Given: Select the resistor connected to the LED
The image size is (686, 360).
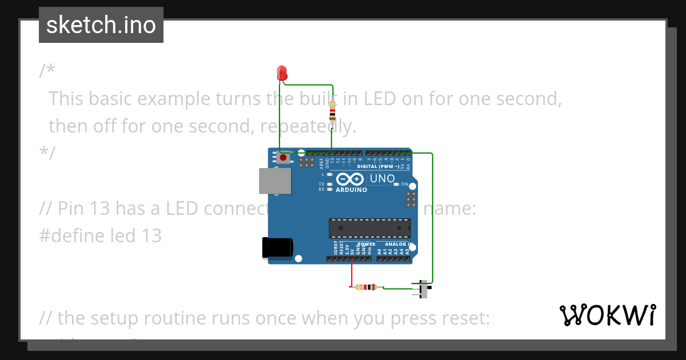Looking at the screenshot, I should pyautogui.click(x=333, y=111).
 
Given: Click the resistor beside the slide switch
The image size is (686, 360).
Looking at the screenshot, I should pyautogui.click(x=365, y=287).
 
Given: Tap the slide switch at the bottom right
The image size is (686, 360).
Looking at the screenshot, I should pyautogui.click(x=423, y=289).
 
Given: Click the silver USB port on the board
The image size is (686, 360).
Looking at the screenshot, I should pyautogui.click(x=275, y=181).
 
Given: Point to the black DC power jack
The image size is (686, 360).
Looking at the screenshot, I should pyautogui.click(x=277, y=247).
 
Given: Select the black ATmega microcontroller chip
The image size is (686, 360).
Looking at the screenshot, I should pyautogui.click(x=369, y=228).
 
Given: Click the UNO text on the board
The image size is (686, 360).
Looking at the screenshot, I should pyautogui.click(x=382, y=179).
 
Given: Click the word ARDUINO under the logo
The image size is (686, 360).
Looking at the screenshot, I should pyautogui.click(x=352, y=190).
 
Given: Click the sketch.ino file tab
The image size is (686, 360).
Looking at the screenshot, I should pyautogui.click(x=101, y=25).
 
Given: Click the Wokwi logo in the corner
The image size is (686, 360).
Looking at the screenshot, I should pyautogui.click(x=607, y=315).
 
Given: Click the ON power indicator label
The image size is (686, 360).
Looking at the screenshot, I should pyautogui.click(x=405, y=185).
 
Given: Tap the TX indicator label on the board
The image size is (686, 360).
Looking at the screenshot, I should pyautogui.click(x=321, y=184).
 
